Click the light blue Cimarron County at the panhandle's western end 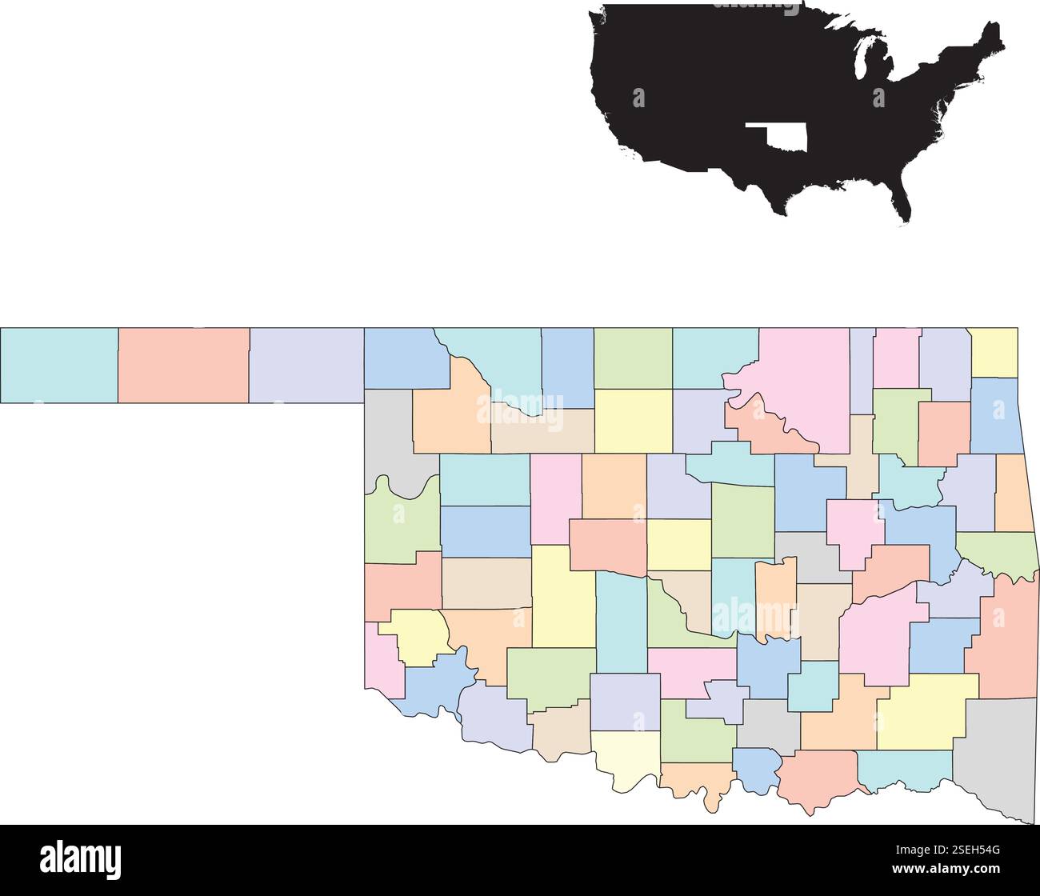click(59, 365)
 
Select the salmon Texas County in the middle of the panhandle click(184, 365)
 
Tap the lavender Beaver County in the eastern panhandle click(307, 365)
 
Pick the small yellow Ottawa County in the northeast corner click(994, 352)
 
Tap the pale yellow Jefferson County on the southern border click(624, 756)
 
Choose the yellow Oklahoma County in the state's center click(678, 544)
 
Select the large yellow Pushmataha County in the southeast click(928, 708)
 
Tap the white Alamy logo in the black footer click(80, 860)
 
